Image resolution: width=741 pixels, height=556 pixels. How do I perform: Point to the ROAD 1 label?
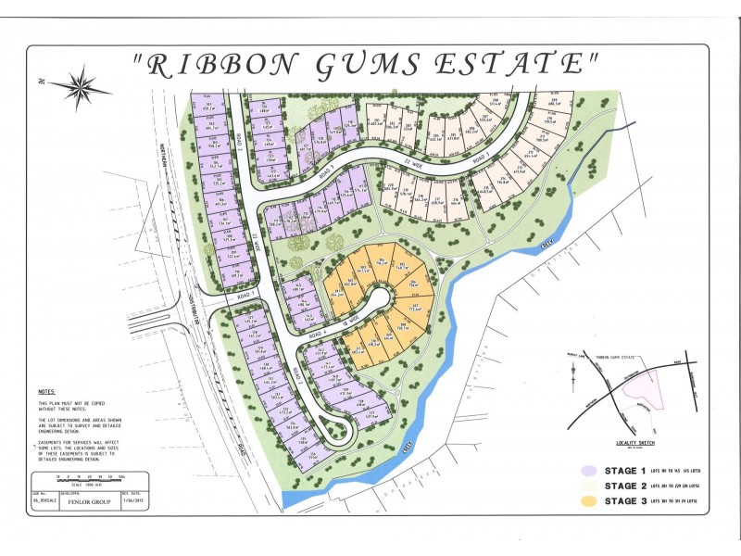(244, 295)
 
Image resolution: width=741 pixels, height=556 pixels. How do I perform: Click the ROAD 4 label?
(320, 335)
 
